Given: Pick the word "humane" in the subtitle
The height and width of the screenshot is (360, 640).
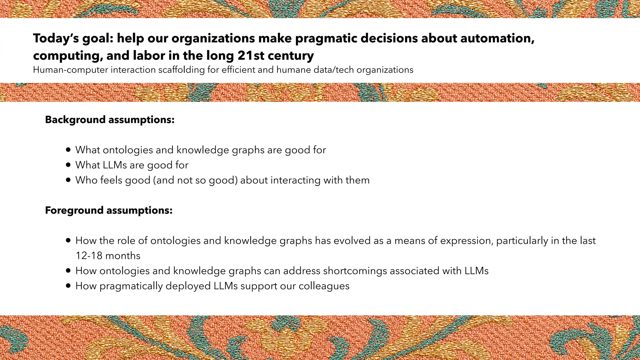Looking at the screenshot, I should tap(294, 70).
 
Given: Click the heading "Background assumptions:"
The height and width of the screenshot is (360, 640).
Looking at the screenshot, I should tap(110, 120).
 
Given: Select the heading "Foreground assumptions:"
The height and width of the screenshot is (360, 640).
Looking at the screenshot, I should tap(109, 210).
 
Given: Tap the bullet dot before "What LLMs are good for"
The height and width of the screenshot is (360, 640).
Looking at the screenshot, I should tap(68, 165).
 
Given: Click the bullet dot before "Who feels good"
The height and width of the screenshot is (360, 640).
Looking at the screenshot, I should tap(68, 180).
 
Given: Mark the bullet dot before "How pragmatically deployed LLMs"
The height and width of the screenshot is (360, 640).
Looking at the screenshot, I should tap(68, 286).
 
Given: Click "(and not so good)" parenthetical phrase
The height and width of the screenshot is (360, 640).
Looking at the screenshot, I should tap(195, 180).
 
